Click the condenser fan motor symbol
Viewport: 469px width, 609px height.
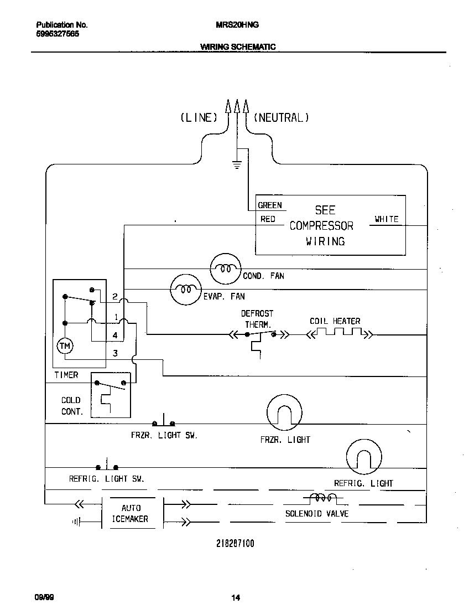226,269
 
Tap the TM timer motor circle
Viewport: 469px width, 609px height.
65,346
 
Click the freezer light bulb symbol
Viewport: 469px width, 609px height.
285,412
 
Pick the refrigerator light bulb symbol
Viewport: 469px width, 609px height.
364,456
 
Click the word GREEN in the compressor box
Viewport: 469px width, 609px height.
270,205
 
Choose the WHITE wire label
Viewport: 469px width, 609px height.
386,219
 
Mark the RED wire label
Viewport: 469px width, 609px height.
268,219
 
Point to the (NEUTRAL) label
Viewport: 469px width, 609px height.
281,117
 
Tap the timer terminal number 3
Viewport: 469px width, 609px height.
115,353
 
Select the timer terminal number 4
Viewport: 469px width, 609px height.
115,336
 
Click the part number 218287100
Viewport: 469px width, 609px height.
235,544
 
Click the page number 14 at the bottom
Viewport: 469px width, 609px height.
235,597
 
